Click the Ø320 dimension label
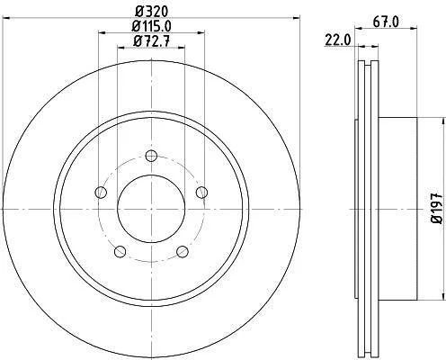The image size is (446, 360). click(151, 12)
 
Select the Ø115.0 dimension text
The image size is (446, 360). click(151, 26)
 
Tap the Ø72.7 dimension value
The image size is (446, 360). click(151, 40)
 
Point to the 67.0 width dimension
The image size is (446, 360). click(386, 22)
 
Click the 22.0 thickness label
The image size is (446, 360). click(337, 40)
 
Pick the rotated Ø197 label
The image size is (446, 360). click(437, 208)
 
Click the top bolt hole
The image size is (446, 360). click(151, 156)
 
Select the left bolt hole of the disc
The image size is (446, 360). click(101, 193)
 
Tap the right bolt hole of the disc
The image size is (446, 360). click(201, 193)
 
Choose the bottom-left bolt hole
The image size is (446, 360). click(120, 251)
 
